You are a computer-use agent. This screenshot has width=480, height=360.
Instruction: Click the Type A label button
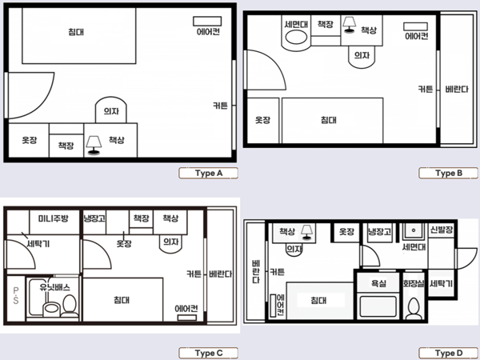click(209, 174)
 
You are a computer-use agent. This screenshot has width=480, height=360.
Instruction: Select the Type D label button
click(448, 353)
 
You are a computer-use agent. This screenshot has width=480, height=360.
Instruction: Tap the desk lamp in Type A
click(94, 145)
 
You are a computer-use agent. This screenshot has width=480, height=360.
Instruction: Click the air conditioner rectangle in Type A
click(207, 21)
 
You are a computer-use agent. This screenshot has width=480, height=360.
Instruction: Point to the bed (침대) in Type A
click(79, 35)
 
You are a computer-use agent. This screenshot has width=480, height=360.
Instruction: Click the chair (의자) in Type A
click(111, 110)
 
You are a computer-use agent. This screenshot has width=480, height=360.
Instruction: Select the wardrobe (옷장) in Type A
click(29, 140)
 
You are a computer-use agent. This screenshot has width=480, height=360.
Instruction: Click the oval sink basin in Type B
click(296, 38)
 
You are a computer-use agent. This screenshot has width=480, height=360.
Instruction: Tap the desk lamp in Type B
click(349, 25)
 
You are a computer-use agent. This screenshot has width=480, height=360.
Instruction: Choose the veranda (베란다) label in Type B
click(457, 90)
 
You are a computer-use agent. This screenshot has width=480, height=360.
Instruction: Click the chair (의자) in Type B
click(362, 57)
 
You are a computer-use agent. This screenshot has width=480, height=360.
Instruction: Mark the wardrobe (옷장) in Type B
click(263, 120)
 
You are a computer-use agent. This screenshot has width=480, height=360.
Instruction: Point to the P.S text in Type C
click(16, 295)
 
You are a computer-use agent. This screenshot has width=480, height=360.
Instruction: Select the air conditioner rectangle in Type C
click(187, 318)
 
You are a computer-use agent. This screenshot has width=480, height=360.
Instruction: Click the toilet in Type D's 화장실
click(414, 308)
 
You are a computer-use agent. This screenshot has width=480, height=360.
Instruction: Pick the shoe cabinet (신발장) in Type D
click(441, 230)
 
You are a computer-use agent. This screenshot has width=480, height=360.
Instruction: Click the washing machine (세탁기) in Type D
click(441, 283)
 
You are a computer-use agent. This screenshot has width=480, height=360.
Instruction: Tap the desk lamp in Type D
click(306, 232)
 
